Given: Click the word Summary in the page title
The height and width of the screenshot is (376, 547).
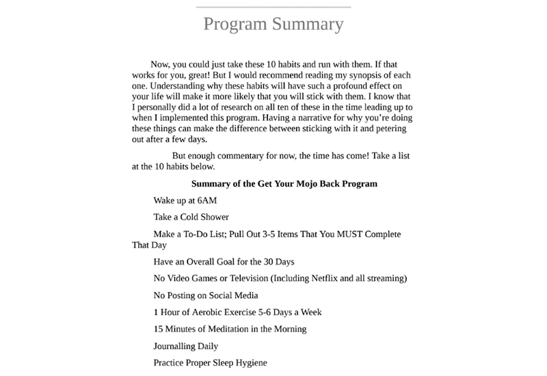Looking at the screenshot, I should coord(307,24).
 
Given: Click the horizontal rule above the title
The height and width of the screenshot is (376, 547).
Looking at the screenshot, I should coord(273,7).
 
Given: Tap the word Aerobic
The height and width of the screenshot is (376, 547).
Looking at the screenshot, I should coord(215,312).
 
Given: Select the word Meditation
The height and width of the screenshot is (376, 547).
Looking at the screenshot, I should coord(241,329).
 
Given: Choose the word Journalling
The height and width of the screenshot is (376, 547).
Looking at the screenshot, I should coord(175,346).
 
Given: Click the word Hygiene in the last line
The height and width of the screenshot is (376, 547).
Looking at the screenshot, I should coord(248,362).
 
